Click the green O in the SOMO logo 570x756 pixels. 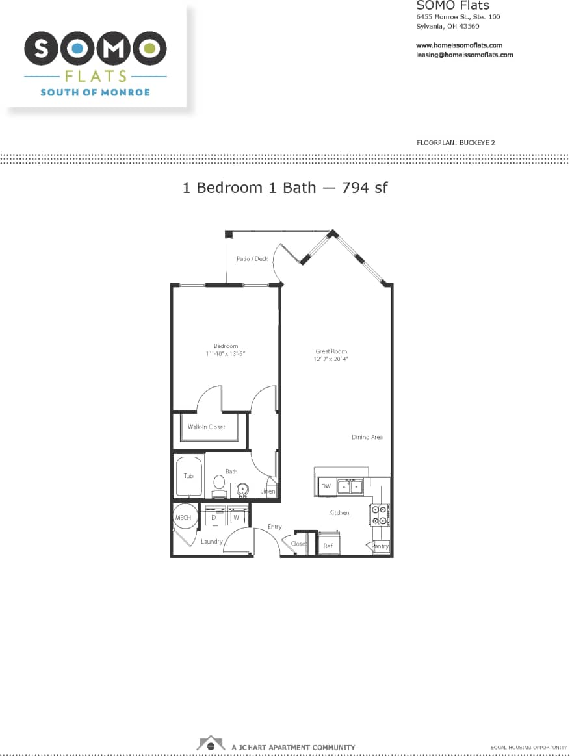click(151, 47)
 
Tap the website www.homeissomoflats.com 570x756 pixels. click(459, 45)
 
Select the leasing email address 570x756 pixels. click(464, 55)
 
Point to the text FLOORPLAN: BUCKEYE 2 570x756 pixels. click(456, 142)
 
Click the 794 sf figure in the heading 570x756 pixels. click(365, 188)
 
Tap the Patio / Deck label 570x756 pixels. click(252, 258)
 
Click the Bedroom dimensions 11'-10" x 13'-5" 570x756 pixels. click(226, 353)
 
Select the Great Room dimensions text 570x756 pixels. click(331, 359)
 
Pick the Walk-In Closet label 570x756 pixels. click(206, 427)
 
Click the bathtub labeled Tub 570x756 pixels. click(188, 476)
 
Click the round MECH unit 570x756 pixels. click(183, 517)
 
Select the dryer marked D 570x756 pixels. click(214, 518)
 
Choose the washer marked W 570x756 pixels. click(237, 518)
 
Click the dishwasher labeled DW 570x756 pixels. click(326, 486)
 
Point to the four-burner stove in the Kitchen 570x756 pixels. click(380, 515)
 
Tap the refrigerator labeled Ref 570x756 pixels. click(328, 545)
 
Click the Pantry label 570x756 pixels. click(380, 546)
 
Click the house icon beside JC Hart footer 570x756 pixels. click(211, 744)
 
